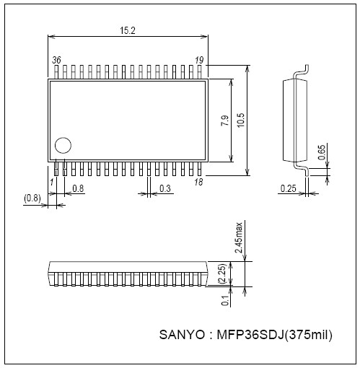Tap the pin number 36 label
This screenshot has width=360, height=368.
click(57, 61)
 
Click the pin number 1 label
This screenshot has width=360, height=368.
click(51, 182)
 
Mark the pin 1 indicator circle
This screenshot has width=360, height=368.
click(63, 145)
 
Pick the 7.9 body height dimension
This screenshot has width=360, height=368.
click(224, 121)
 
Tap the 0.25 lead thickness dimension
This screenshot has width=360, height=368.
click(289, 189)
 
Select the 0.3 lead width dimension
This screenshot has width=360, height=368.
click(165, 189)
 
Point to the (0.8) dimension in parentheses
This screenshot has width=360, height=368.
click(32, 197)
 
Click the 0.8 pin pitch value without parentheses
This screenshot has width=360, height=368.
click(78, 189)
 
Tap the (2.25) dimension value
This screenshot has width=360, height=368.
click(224, 273)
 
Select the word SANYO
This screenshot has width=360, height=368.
click(182, 336)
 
